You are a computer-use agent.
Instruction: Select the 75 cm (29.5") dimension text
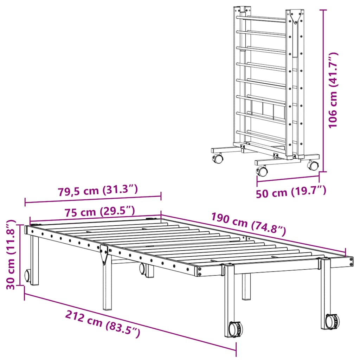point(99,212)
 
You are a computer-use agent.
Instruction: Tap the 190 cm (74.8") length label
point(248,225)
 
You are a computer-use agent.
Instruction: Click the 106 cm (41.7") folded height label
point(333,90)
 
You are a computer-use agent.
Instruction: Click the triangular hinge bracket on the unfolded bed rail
point(104,254)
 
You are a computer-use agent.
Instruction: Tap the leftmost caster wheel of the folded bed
point(218,159)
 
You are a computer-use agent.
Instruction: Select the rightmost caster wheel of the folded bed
point(313,165)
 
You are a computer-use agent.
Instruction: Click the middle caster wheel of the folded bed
point(262,172)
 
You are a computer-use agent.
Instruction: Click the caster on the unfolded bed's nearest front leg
point(233,329)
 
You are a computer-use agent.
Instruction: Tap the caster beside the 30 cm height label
point(27,276)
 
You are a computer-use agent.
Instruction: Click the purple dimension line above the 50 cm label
point(288,178)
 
